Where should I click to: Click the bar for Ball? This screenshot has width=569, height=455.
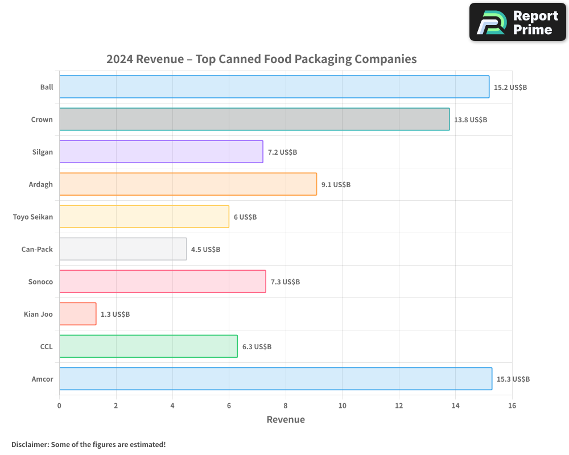pyautogui.click(x=274, y=87)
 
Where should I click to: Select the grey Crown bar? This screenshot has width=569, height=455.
pyautogui.click(x=254, y=119)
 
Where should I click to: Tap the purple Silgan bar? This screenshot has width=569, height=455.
pyautogui.click(x=160, y=152)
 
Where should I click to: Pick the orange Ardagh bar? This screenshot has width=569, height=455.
pyautogui.click(x=188, y=184)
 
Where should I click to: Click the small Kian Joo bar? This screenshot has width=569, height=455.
pyautogui.click(x=77, y=314)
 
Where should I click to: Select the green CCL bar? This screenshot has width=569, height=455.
pyautogui.click(x=148, y=346)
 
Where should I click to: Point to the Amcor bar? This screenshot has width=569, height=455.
pyautogui.click(x=275, y=379)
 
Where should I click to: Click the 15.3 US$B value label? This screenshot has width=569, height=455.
pyautogui.click(x=513, y=379)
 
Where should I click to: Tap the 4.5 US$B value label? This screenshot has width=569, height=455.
pyautogui.click(x=205, y=249)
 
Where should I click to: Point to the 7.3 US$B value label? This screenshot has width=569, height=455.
pyautogui.click(x=285, y=282)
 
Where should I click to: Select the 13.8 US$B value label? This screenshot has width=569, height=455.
pyautogui.click(x=471, y=119)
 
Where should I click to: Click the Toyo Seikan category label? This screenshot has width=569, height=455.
pyautogui.click(x=32, y=217)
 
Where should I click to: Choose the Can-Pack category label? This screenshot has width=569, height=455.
pyautogui.click(x=37, y=249)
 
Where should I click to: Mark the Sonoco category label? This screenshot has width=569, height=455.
pyautogui.click(x=40, y=282)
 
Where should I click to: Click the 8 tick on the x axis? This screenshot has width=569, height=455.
pyautogui.click(x=286, y=406)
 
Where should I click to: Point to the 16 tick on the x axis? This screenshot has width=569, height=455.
pyautogui.click(x=512, y=406)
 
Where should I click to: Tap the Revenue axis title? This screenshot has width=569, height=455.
pyautogui.click(x=286, y=420)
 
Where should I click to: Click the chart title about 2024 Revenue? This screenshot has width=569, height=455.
pyautogui.click(x=261, y=59)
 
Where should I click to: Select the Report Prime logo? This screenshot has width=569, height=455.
pyautogui.click(x=517, y=22)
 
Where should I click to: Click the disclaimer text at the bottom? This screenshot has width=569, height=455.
pyautogui.click(x=88, y=444)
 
